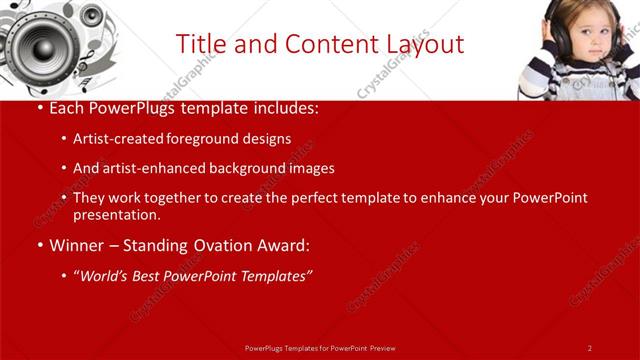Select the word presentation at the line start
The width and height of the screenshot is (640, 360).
(x=116, y=215)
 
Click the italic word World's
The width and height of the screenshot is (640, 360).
(x=104, y=276)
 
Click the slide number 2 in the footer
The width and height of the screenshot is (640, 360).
(x=590, y=348)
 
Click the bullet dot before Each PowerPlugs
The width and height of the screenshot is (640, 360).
(x=38, y=108)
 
